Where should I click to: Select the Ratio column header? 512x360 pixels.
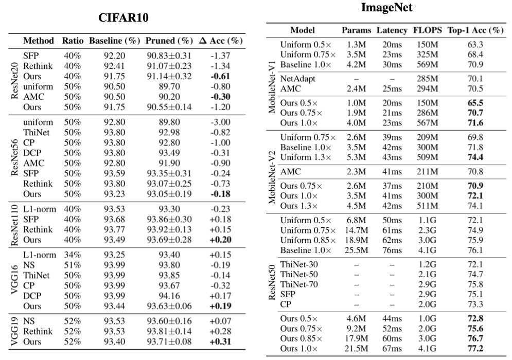(x=73, y=41)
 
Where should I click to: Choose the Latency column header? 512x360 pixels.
(x=392, y=30)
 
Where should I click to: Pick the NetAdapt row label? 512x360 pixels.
(x=297, y=79)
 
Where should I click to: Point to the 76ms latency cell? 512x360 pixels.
(x=392, y=250)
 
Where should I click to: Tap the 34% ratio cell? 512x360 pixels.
(x=73, y=255)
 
